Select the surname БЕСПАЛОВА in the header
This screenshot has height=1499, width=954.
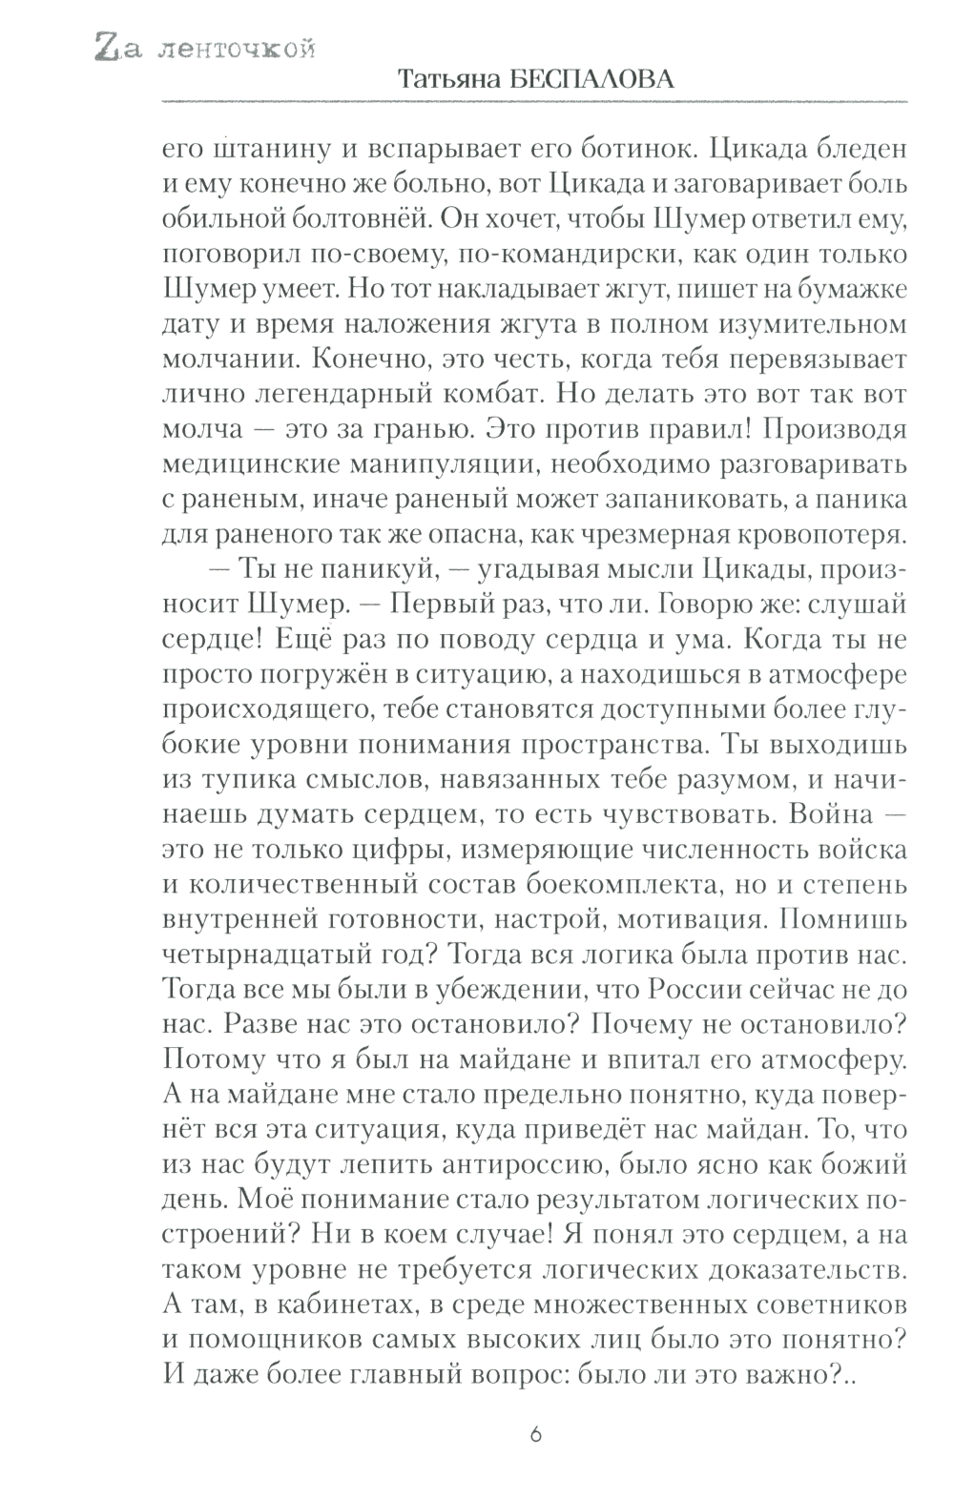pyautogui.click(x=594, y=81)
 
